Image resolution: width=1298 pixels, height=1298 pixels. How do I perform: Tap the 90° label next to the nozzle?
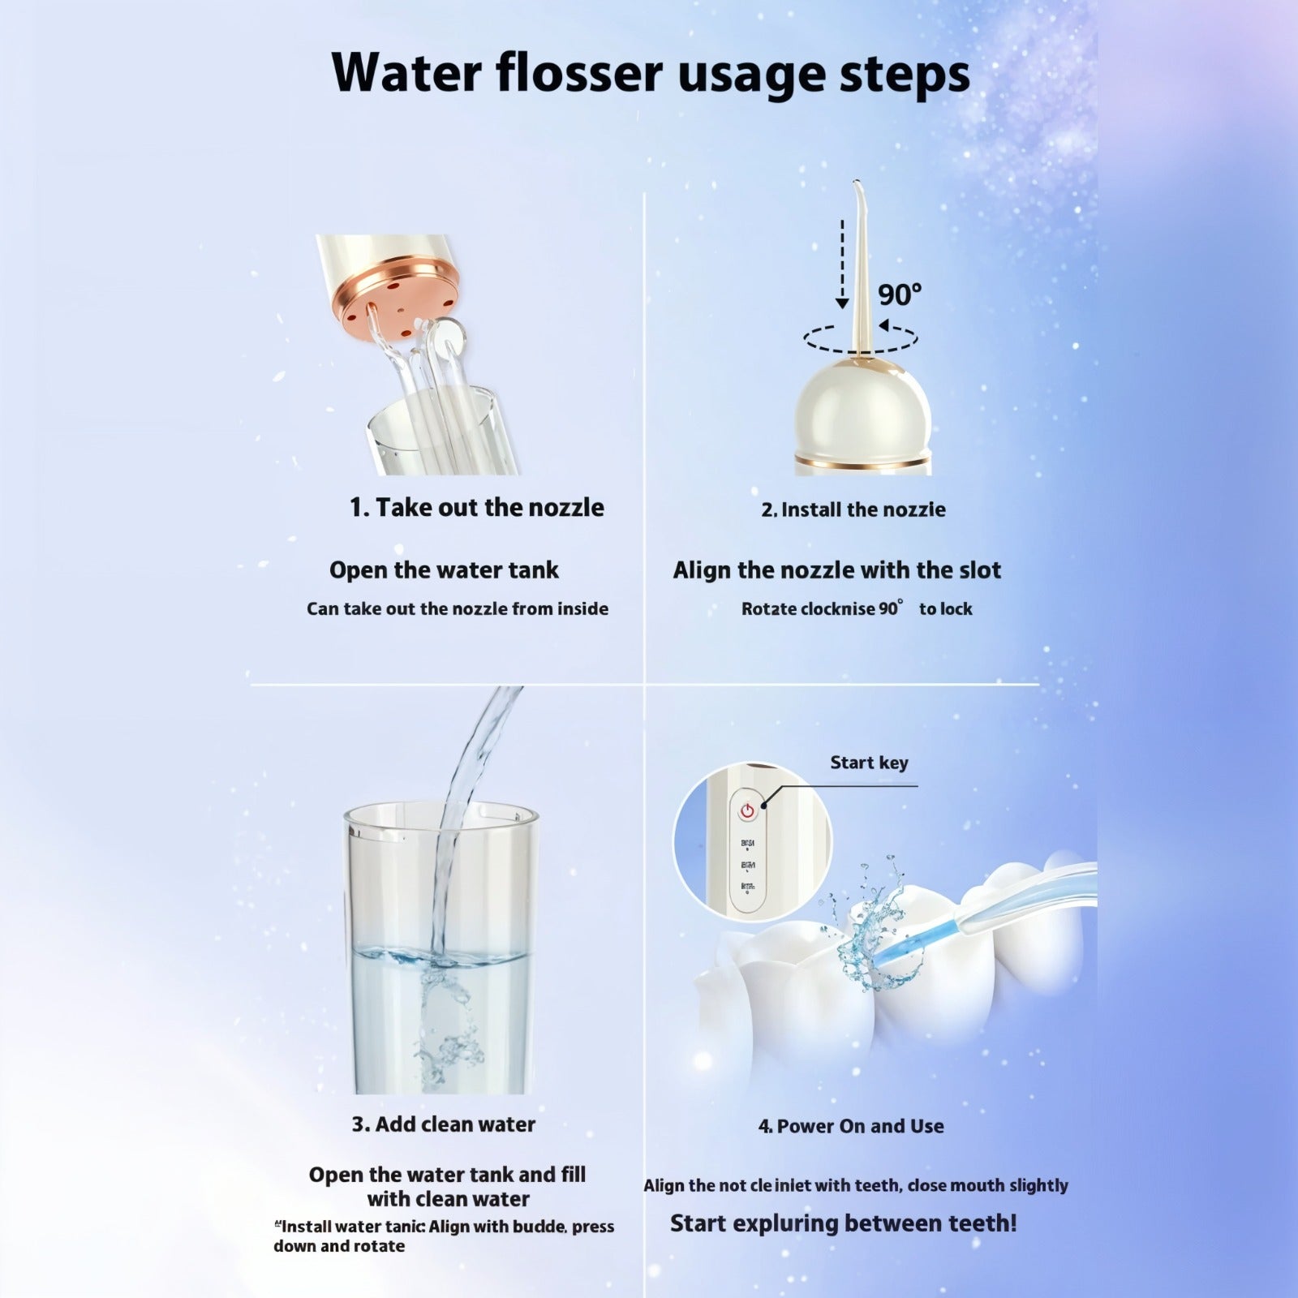click(x=900, y=294)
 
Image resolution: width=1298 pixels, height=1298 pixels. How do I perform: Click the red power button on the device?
click(x=746, y=810)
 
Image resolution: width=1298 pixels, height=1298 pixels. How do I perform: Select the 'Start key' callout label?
click(x=869, y=763)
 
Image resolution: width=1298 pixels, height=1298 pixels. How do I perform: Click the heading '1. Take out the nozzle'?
click(x=477, y=508)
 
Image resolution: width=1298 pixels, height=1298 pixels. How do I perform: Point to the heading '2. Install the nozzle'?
click(x=853, y=509)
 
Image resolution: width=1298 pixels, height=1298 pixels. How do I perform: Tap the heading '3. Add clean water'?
click(x=444, y=1124)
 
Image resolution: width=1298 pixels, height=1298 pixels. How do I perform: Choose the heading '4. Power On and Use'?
click(x=851, y=1126)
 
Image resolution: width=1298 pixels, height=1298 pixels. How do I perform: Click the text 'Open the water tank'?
click(x=444, y=570)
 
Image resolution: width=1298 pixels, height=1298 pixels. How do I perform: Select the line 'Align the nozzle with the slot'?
click(x=836, y=570)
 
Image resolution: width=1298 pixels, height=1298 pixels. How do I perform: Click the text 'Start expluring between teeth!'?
click(x=843, y=1223)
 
